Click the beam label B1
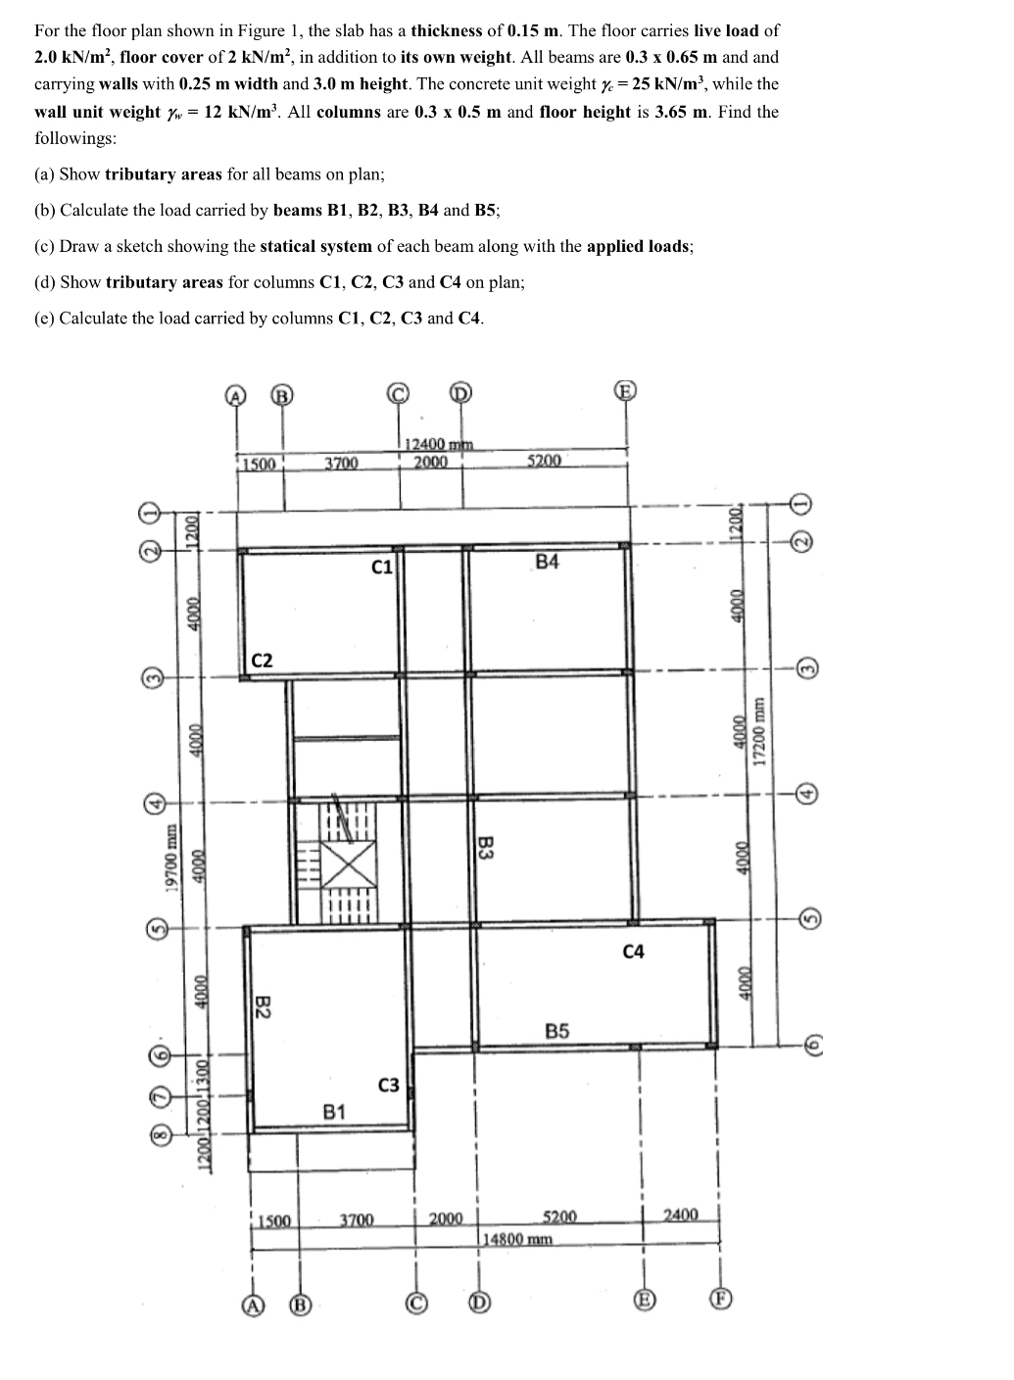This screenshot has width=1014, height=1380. click(334, 1111)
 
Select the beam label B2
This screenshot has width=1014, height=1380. click(263, 1007)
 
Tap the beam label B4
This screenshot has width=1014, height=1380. click(548, 562)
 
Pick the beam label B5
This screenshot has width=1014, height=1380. click(557, 1031)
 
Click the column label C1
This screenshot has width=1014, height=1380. click(383, 567)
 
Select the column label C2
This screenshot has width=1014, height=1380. click(262, 661)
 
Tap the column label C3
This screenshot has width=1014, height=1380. click(388, 1085)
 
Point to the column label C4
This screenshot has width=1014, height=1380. click(634, 951)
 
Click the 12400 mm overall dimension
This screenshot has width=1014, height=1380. click(438, 446)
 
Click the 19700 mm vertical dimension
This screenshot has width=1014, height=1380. click(171, 860)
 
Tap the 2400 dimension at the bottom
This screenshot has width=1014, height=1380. click(681, 1215)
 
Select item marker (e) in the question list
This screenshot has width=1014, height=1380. click(44, 319)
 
